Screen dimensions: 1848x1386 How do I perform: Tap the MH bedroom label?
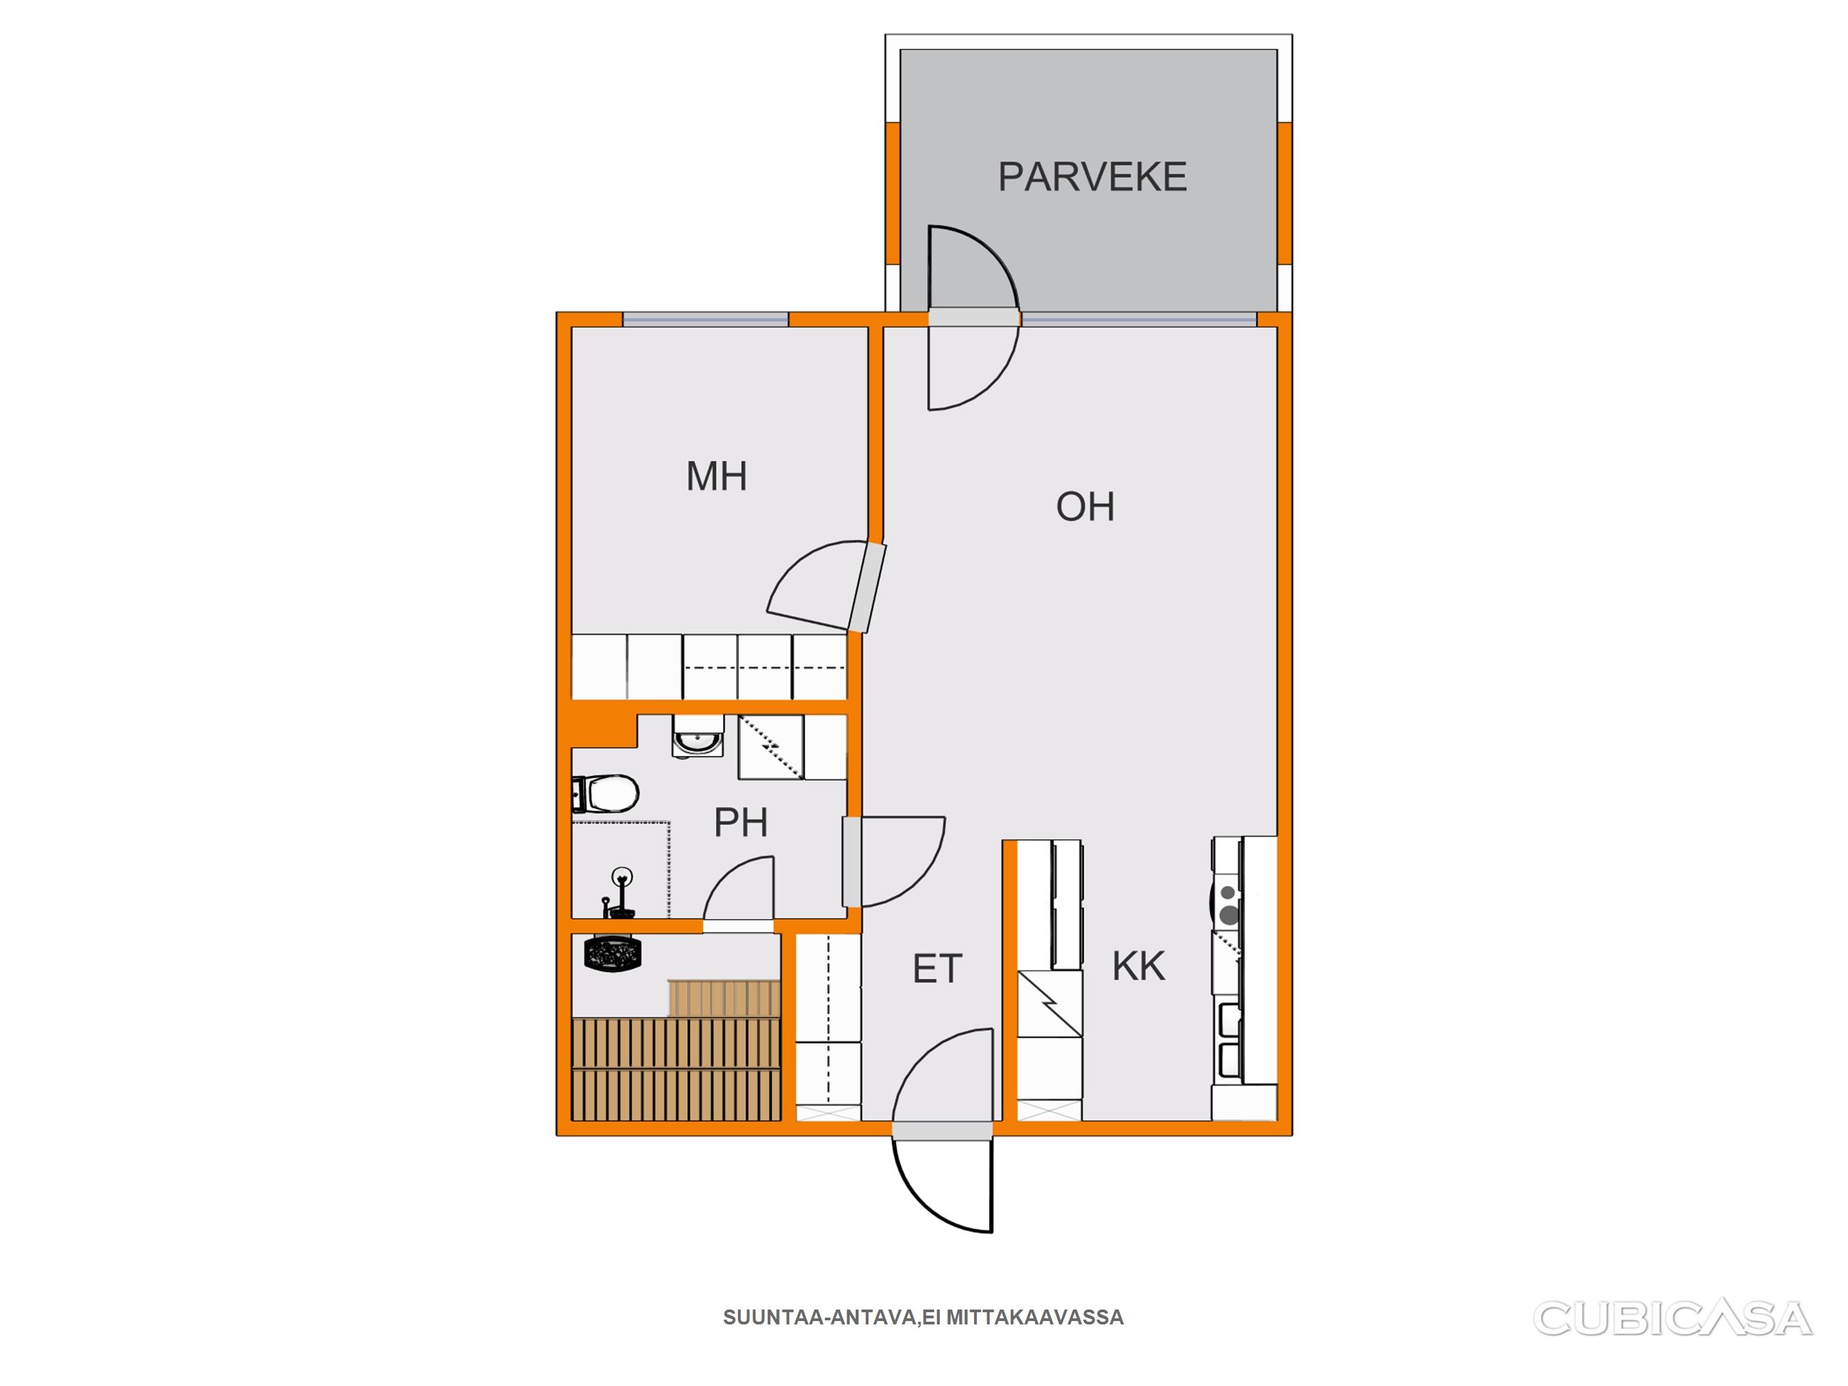coord(716,476)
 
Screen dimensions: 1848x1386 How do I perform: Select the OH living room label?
coord(1084,506)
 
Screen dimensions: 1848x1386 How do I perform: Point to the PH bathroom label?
coord(740,823)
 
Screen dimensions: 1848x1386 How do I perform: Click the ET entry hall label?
coord(938,969)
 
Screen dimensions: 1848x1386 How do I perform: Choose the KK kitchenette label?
coord(1138,966)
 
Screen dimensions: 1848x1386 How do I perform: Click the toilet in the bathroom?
coord(606,794)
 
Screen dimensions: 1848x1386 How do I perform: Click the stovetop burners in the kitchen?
coord(1227,904)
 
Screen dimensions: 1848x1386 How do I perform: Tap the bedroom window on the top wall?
coord(705,319)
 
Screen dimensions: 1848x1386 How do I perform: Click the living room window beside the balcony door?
coord(1139,319)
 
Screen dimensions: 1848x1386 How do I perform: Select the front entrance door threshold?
coord(942,1130)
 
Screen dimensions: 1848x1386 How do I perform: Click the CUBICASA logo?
coord(1673,1318)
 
